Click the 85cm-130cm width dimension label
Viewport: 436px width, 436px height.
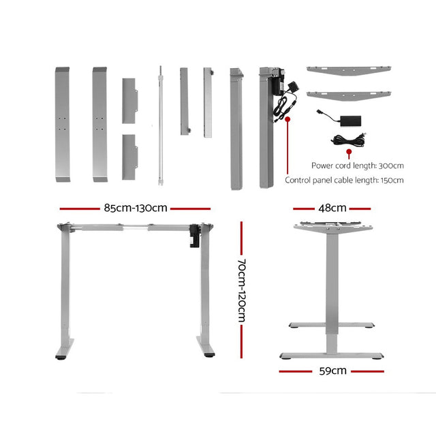[x=134, y=208]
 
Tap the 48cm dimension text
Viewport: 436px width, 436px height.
[x=332, y=208]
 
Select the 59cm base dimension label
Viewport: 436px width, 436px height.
[x=332, y=371]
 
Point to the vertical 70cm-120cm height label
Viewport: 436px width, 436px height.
[x=242, y=289]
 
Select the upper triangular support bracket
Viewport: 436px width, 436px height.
[x=348, y=70]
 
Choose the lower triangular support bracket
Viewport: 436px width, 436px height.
[x=348, y=93]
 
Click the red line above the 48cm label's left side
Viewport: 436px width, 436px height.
[x=302, y=209]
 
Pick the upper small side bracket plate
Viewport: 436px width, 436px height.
[x=130, y=101]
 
